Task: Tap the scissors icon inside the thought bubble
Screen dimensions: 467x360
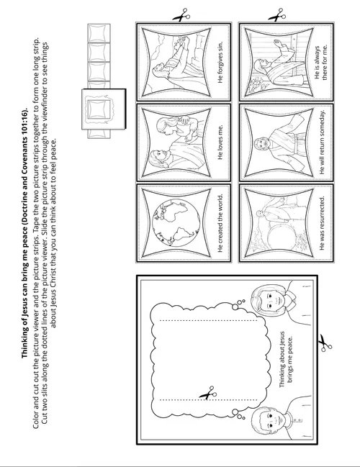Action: click(207, 394)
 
